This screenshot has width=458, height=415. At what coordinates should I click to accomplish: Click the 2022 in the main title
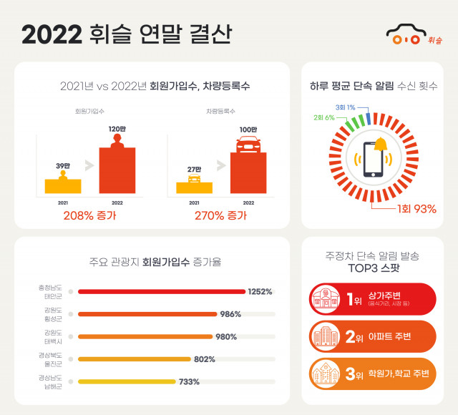tap(51, 34)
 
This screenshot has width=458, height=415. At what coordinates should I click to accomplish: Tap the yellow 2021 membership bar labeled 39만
tap(63, 186)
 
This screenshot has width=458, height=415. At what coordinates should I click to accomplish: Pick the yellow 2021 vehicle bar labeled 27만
tap(194, 187)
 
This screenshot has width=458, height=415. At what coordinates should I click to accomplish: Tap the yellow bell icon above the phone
tap(380, 145)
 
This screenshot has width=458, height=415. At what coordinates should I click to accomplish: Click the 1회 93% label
tap(416, 209)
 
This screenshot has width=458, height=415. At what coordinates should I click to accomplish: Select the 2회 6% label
tap(325, 117)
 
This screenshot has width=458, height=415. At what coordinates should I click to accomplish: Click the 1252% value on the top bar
tap(260, 292)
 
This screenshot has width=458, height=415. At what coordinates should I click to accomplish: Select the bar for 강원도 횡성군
tap(147, 314)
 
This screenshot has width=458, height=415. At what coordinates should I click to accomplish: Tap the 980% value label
tap(225, 336)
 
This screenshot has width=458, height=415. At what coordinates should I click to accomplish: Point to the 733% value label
tap(189, 381)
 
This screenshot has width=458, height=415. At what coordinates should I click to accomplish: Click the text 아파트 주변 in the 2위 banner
tap(394, 336)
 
